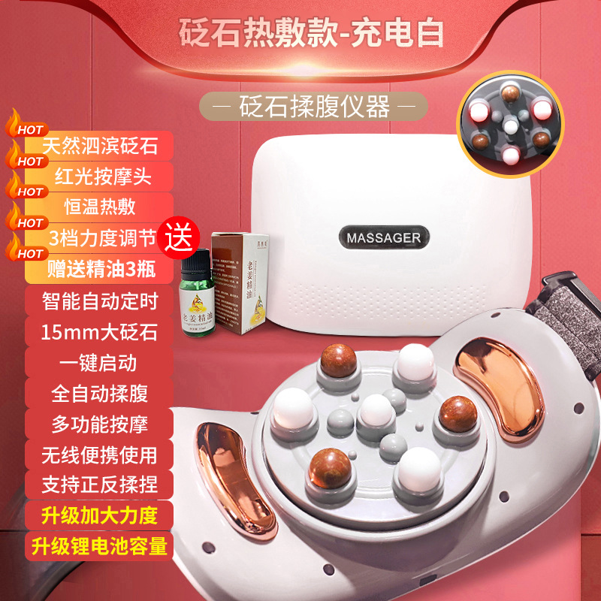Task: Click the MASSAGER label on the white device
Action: coord(384,237)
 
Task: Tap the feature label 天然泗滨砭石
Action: coord(100,144)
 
